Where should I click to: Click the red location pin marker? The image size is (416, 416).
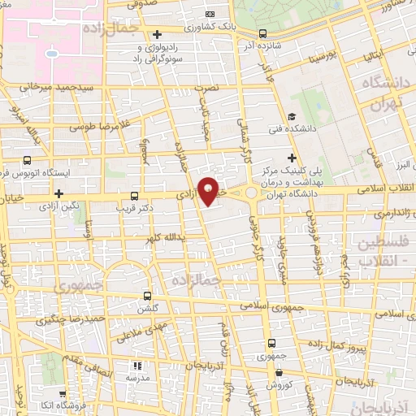pos(210,190)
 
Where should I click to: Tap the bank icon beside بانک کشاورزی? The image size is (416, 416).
pos(210,14)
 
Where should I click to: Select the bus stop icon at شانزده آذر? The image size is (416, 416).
pos(262,34)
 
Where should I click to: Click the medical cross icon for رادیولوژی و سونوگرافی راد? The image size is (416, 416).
pos(158,34)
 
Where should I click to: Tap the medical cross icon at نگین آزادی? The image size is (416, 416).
pos(58,193)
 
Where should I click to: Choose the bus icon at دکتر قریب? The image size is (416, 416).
pos(135,196)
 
